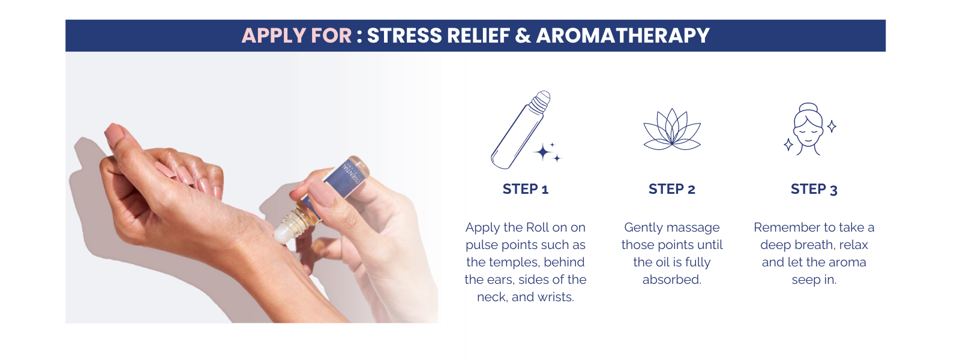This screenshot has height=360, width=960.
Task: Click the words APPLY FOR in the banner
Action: (x=296, y=35)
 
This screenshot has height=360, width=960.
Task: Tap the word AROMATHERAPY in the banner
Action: (x=623, y=35)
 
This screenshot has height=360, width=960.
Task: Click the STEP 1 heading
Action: (x=526, y=189)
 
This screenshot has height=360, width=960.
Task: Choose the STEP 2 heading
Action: (x=671, y=189)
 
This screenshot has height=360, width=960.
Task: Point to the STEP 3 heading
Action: (x=814, y=189)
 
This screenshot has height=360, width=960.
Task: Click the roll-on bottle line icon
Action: (x=520, y=130)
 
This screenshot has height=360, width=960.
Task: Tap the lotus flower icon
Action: (x=672, y=129)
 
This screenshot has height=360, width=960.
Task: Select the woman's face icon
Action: (x=808, y=130)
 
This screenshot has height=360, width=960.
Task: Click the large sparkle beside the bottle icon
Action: (x=544, y=152)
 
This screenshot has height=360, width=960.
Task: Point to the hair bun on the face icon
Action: (x=808, y=107)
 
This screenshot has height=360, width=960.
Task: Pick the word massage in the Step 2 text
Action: (x=694, y=227)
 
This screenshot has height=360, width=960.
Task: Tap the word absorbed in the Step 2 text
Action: (x=671, y=280)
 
